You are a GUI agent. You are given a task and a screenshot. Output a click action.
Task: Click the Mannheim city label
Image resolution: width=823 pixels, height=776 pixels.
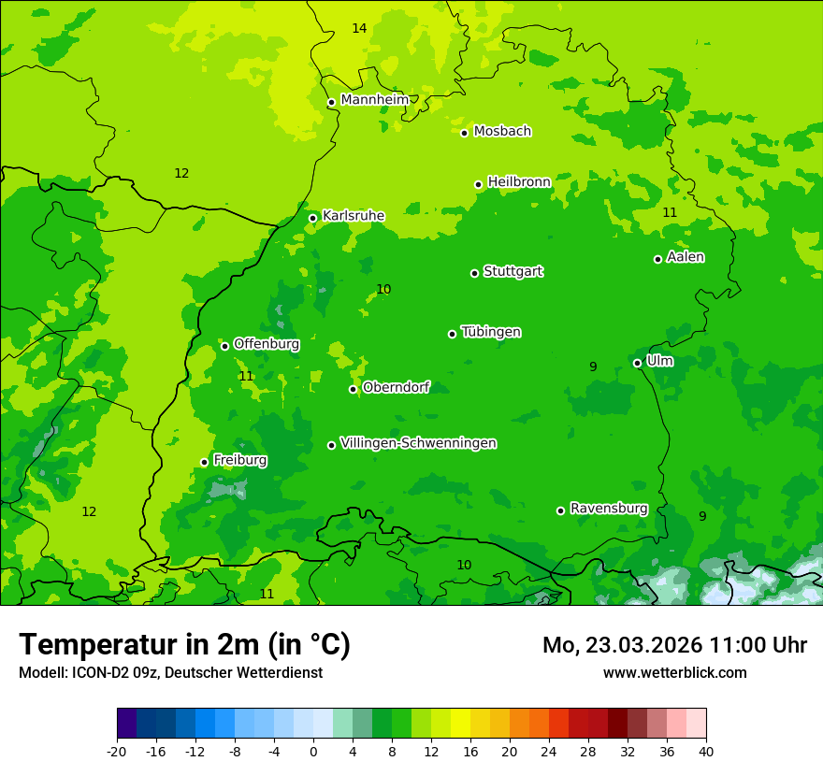[374, 100]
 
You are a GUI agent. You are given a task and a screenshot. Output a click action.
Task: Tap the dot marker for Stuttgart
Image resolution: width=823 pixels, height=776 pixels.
[474, 273]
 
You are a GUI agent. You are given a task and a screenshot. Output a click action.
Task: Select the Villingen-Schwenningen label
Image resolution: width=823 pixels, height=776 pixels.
[418, 443]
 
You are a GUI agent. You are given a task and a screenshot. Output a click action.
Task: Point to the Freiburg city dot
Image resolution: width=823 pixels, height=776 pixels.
[204, 462]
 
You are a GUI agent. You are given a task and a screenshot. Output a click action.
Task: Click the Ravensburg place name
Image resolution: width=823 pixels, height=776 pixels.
[609, 509]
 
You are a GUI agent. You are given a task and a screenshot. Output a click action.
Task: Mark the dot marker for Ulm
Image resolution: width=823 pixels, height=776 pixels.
[637, 363]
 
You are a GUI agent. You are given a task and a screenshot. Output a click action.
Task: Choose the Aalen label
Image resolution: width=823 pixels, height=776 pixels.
[686, 257]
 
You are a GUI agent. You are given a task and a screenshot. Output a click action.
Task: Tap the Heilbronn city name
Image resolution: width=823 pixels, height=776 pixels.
[519, 182]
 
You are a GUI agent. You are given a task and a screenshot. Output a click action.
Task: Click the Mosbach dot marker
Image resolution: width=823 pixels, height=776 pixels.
[464, 133]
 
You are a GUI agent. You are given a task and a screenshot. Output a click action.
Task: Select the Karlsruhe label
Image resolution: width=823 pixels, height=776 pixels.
[354, 216]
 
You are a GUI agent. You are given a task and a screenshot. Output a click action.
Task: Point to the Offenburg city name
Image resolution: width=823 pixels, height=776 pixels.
[267, 344]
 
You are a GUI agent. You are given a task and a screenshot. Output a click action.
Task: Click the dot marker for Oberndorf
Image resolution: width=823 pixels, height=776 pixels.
[353, 389]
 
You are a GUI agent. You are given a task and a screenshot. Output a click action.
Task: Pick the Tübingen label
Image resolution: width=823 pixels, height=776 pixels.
[491, 332]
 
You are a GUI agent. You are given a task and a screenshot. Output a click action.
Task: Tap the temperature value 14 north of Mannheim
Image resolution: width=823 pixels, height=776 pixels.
[359, 28]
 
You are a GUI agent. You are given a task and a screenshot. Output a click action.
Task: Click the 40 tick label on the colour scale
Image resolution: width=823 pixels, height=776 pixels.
[705, 751]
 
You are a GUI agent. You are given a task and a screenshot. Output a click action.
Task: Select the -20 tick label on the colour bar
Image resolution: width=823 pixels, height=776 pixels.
[116, 751]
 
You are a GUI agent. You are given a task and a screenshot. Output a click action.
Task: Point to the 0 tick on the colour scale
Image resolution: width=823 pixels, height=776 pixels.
[313, 751]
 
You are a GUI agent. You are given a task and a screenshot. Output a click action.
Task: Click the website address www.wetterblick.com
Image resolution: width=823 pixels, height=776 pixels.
[674, 672]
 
